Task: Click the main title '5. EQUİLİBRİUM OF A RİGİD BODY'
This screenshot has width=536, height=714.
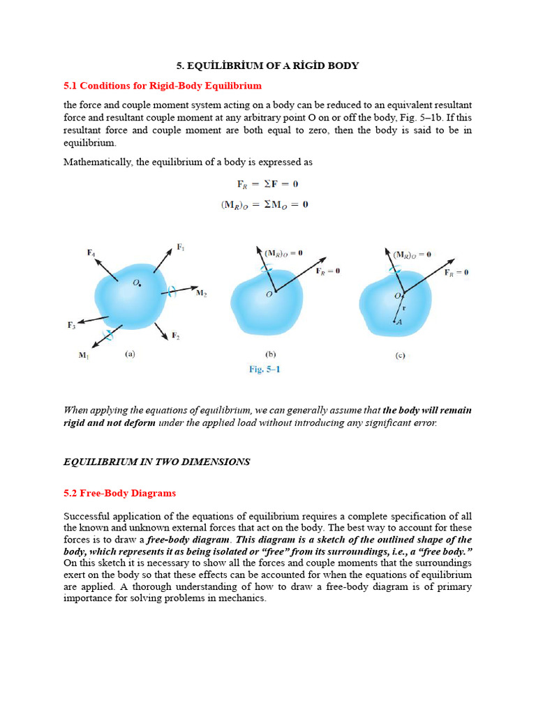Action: [267, 66]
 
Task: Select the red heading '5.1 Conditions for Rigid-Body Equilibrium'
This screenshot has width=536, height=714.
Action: [163, 86]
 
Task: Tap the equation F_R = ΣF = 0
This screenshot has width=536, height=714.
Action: [267, 184]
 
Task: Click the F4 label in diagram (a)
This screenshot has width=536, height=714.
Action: [91, 253]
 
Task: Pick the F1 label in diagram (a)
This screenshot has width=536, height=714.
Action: [181, 247]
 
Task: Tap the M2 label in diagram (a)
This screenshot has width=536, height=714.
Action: [201, 294]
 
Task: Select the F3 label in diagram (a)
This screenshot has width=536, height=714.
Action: [71, 325]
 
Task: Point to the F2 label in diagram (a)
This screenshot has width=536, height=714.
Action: [177, 336]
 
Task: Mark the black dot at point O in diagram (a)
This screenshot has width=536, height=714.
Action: [140, 284]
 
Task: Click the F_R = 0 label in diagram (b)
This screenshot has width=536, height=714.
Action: [327, 271]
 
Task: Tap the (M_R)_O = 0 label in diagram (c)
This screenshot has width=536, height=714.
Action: [412, 255]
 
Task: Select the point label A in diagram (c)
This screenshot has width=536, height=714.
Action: [399, 322]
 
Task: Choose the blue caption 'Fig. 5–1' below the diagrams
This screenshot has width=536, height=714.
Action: [265, 370]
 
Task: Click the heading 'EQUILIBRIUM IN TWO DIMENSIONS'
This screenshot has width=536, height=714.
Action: [156, 462]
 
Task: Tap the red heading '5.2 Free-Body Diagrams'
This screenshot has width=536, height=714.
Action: [119, 493]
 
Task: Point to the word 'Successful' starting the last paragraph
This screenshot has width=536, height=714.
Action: [87, 517]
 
